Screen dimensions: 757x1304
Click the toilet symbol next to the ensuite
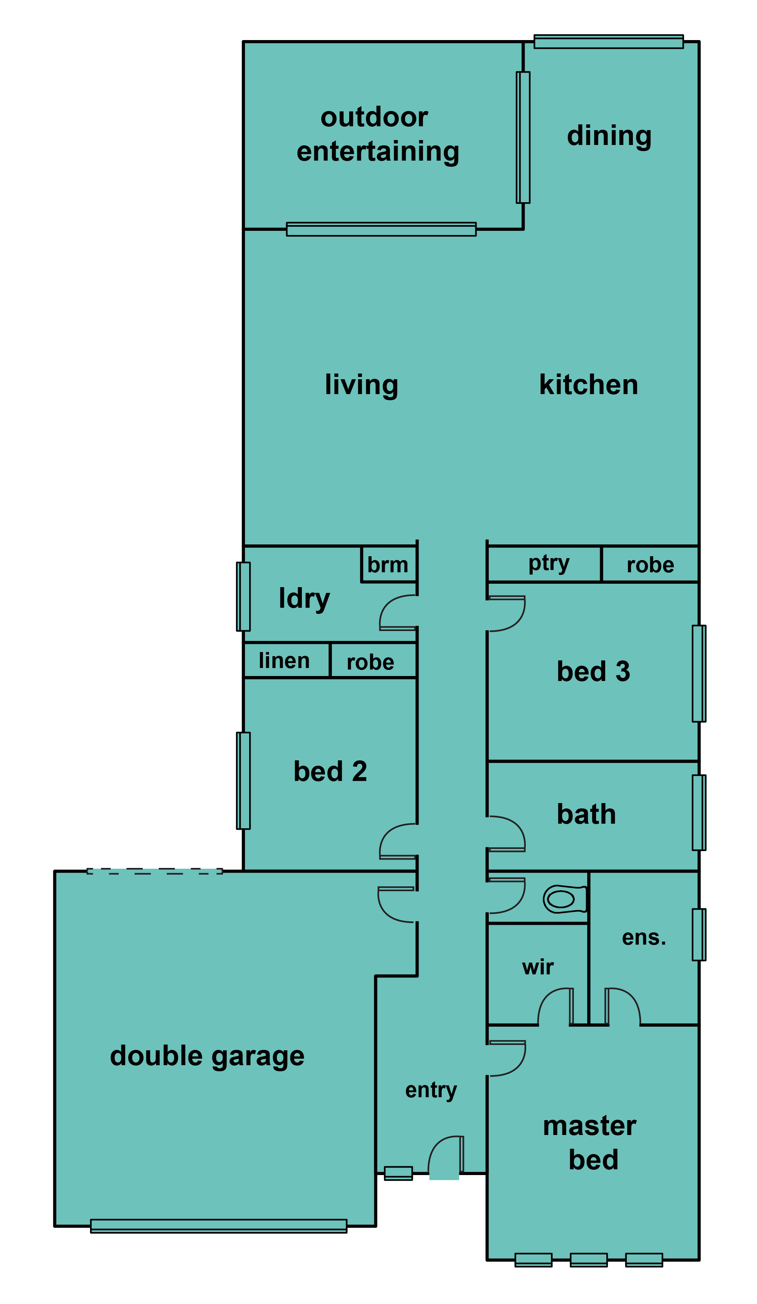click(x=565, y=899)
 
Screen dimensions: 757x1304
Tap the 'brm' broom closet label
click(x=388, y=565)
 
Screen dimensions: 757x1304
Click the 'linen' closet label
click(x=284, y=661)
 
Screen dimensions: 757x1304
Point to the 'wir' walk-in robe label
click(x=538, y=967)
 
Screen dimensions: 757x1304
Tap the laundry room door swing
click(x=398, y=613)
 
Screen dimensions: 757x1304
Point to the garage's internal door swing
click(x=396, y=905)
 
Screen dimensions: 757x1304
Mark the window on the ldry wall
click(x=243, y=597)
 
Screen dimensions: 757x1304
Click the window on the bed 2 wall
click(x=243, y=781)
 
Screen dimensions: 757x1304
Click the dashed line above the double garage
click(x=155, y=871)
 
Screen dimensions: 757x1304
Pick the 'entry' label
click(x=431, y=1090)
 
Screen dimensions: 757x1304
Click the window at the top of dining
click(x=609, y=42)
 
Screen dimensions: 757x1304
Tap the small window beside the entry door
click(x=398, y=1174)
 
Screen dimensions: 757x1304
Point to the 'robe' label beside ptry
click(x=651, y=565)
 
